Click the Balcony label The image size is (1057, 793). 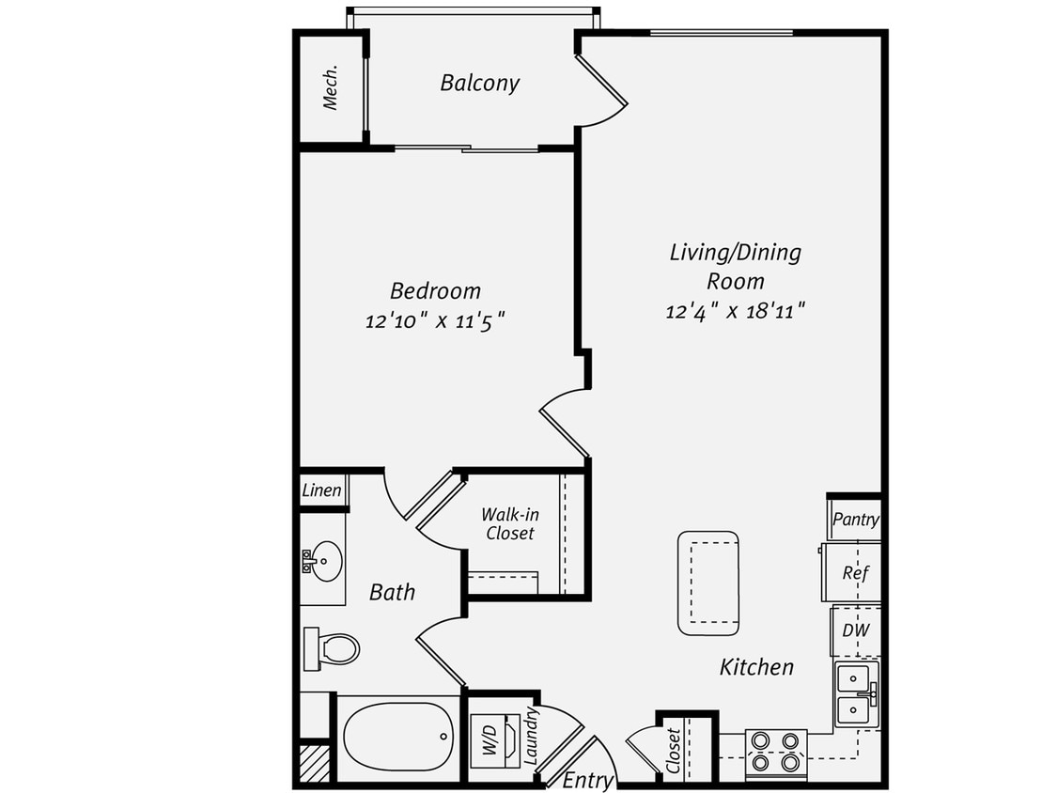point(479,83)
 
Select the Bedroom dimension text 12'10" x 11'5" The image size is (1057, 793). point(435,321)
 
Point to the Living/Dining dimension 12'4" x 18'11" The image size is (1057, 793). point(737,311)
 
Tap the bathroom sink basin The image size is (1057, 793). point(325,560)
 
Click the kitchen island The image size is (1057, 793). point(707,583)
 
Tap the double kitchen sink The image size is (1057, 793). point(857,692)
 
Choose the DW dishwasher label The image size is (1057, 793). point(855,631)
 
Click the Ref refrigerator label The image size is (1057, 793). point(854,572)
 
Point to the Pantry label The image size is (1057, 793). point(856,519)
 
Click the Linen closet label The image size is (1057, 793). point(321,490)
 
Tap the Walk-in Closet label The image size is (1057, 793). point(509,523)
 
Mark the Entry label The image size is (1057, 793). point(588,780)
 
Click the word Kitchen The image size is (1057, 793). point(756,667)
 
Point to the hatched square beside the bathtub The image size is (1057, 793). point(315,763)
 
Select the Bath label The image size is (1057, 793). point(392,592)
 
